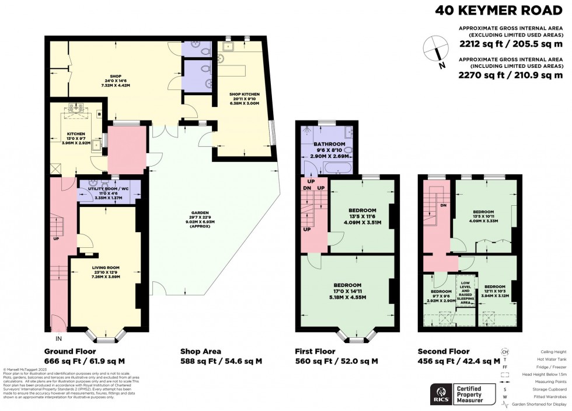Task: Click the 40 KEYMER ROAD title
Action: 499,11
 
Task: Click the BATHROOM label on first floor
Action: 330,144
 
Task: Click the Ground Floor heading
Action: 74,351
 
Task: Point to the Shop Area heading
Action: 200,351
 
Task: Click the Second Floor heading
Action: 444,351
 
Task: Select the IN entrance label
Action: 58,339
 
